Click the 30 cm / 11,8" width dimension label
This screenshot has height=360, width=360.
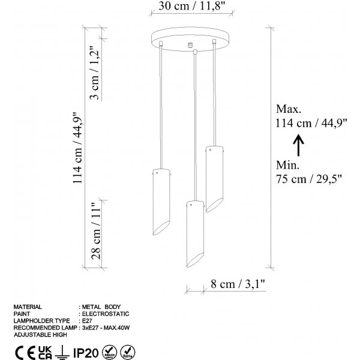point(191,6)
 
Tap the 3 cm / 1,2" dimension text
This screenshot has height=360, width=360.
point(95,73)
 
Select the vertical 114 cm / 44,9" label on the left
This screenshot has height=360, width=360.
point(77,148)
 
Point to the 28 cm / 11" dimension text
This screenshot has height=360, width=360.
point(96,231)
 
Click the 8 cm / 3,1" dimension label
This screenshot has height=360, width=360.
point(238,284)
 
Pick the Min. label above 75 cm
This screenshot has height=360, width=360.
point(287,165)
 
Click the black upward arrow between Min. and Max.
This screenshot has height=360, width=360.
point(298,145)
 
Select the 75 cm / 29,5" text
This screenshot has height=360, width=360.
point(309,179)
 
